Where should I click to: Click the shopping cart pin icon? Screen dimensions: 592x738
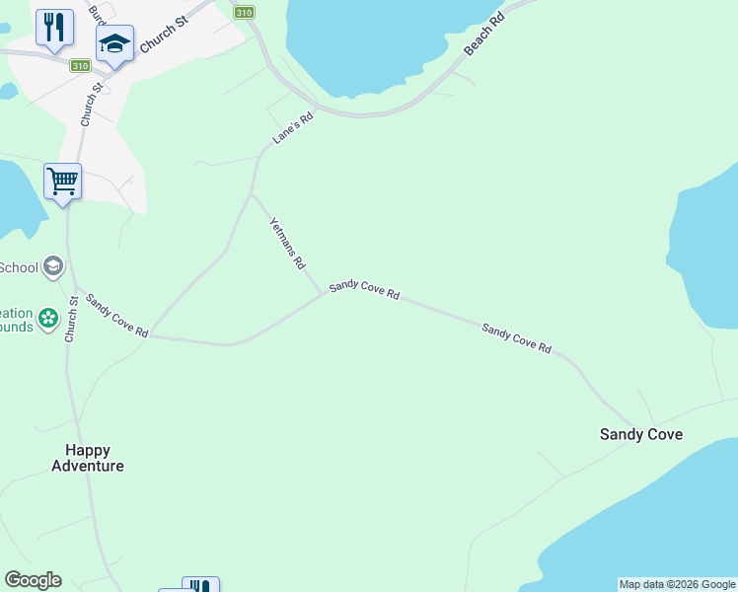pyautogui.click(x=62, y=182)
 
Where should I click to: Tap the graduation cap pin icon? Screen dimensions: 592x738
pyautogui.click(x=114, y=44)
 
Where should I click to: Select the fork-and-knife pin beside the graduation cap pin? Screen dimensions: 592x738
pyautogui.click(x=54, y=27)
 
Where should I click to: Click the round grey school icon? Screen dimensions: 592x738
pyautogui.click(x=52, y=266)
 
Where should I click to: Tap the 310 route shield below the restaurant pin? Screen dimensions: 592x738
pyautogui.click(x=80, y=65)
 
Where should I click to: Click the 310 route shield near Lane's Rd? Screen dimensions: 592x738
pyautogui.click(x=245, y=13)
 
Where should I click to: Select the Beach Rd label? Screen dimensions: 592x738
pyautogui.click(x=483, y=35)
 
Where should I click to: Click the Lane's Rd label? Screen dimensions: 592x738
pyautogui.click(x=293, y=128)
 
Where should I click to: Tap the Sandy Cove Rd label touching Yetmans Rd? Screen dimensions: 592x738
pyautogui.click(x=364, y=289)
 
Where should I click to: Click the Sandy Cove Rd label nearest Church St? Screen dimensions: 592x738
pyautogui.click(x=116, y=317)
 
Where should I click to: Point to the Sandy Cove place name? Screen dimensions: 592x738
pyautogui.click(x=641, y=434)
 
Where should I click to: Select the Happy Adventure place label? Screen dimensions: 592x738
pyautogui.click(x=88, y=458)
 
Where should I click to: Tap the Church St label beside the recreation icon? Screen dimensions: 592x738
pyautogui.click(x=72, y=319)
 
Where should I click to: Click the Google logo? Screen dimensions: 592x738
pyautogui.click(x=33, y=580)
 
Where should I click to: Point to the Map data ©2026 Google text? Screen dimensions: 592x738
pyautogui.click(x=678, y=584)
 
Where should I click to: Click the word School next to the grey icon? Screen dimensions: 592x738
pyautogui.click(x=19, y=267)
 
